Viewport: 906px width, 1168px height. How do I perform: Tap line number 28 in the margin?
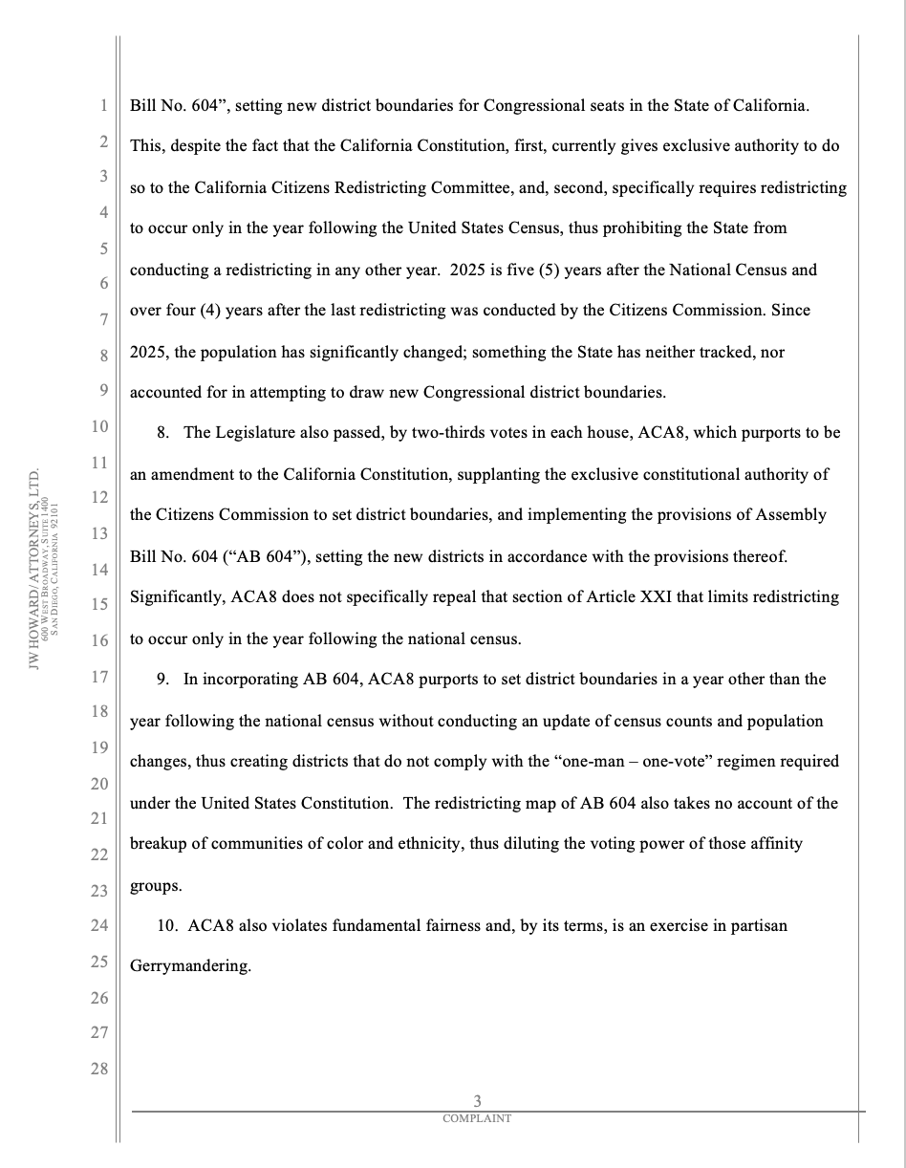[x=99, y=1069]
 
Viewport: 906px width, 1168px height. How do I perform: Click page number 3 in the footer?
[x=477, y=1102]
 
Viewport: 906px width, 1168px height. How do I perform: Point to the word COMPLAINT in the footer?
[x=477, y=1118]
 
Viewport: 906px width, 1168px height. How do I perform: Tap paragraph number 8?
[x=162, y=433]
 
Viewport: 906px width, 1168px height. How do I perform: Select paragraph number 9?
[x=162, y=680]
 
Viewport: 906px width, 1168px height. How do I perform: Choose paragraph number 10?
[x=166, y=926]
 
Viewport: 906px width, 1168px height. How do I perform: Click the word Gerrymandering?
[x=190, y=966]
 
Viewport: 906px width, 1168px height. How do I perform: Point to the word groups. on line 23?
[x=156, y=886]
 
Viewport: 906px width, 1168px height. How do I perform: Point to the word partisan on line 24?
[x=755, y=926]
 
